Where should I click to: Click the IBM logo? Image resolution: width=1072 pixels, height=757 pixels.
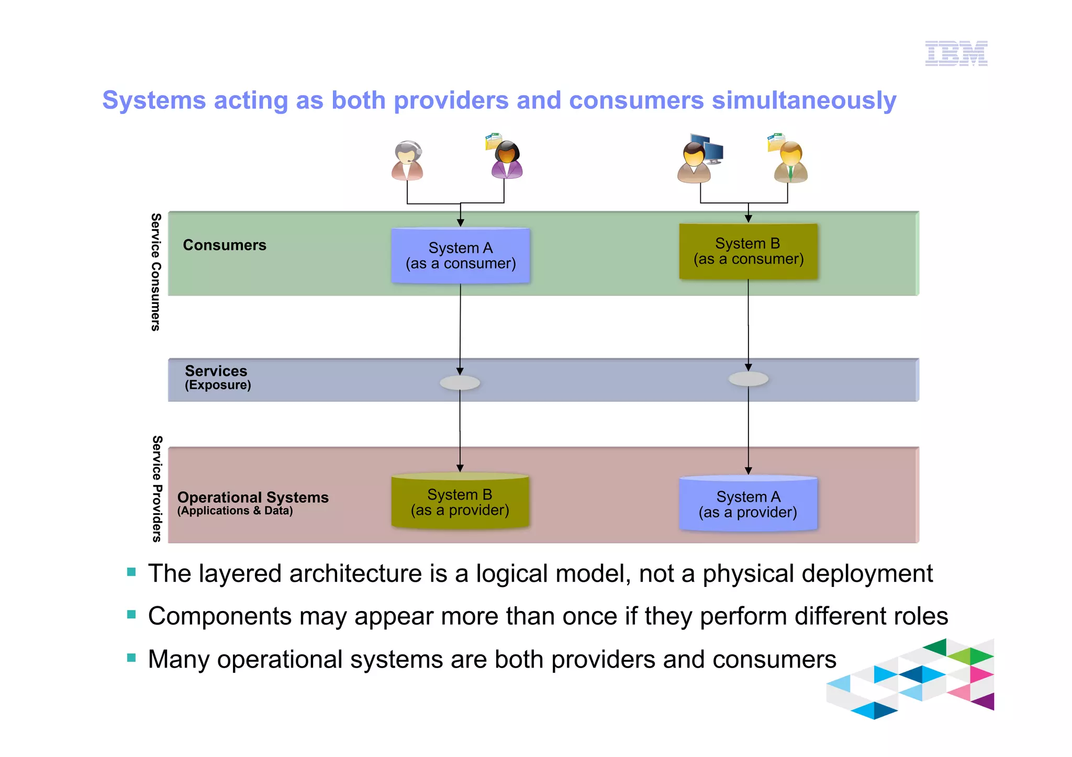(x=956, y=53)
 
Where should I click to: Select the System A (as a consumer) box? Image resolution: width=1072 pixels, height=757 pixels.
(x=461, y=256)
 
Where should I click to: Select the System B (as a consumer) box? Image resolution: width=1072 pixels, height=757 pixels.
(x=748, y=252)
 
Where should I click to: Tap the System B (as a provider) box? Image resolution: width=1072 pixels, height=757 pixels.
(x=460, y=502)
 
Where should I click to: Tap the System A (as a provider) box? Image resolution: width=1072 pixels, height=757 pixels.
(x=748, y=504)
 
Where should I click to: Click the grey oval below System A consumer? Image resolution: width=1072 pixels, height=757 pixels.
(x=460, y=383)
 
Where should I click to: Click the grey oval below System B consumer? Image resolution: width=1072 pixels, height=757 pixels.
(x=748, y=379)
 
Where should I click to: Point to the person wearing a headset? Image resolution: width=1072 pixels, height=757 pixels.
(x=407, y=161)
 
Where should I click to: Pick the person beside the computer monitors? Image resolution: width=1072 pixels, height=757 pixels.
(x=695, y=162)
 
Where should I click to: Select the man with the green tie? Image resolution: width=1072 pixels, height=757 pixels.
(x=790, y=162)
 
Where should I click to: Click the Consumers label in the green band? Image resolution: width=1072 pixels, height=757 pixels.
(x=225, y=245)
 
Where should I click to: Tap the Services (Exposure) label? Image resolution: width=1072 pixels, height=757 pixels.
(x=217, y=377)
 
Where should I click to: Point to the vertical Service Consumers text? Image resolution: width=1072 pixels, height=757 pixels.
(x=155, y=272)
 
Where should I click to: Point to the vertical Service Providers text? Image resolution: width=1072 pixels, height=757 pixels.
(x=157, y=489)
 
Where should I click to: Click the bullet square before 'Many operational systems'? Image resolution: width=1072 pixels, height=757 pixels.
(x=131, y=658)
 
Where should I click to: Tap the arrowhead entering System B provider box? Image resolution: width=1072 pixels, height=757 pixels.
(x=460, y=468)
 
